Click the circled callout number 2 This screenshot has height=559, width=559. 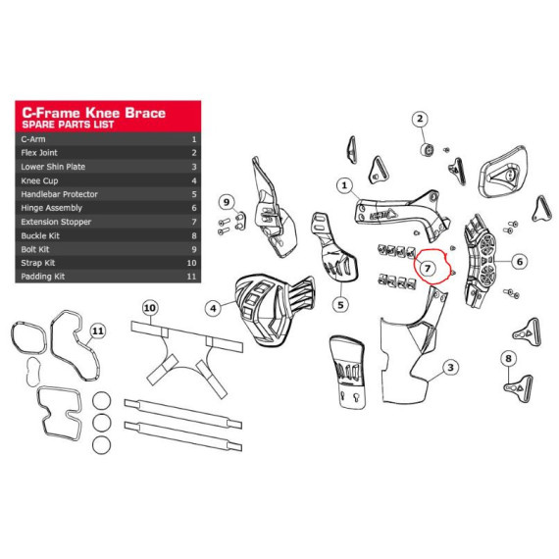point(420,119)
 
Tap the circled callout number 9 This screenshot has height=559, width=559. point(227,202)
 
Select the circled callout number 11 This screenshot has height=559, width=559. point(98,331)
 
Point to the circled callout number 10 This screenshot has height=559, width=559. point(150,308)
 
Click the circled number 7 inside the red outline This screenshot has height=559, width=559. point(428,268)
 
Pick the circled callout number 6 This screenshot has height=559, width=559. point(520,262)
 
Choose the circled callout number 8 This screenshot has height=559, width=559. point(509,358)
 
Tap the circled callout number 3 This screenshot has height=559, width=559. point(450,367)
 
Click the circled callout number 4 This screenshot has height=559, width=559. point(213,308)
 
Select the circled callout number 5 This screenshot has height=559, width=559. point(340,305)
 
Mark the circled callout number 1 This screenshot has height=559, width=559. point(344,185)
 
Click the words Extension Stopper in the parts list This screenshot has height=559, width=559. point(56,222)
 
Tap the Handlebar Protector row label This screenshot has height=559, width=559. point(59,194)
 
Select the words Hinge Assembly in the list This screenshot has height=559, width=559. point(51,208)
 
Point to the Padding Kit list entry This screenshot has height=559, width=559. point(43,277)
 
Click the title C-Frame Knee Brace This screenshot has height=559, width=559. point(94,113)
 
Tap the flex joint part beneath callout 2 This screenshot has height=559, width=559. point(427,149)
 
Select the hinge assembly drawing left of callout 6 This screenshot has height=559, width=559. point(480,261)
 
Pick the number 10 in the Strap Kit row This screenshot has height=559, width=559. point(191,263)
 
